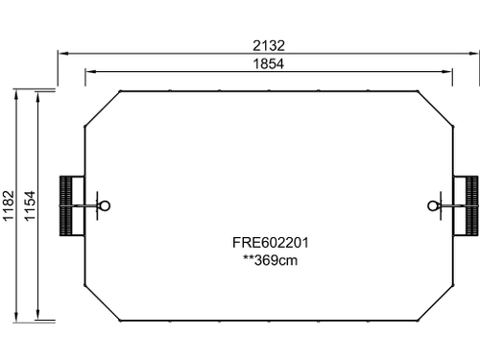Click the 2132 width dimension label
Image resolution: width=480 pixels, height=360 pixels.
pos(269,46)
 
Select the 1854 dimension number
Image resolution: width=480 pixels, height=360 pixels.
pos(269,64)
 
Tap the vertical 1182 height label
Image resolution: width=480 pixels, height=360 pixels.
pos(9,205)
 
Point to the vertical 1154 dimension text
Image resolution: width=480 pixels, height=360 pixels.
pos(30,205)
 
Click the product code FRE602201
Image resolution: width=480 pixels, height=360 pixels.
pos(271,243)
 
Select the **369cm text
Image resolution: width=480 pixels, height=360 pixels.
pos(271,260)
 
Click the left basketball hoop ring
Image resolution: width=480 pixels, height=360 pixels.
pos(106,205)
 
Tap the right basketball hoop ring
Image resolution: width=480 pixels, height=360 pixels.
pos(433,205)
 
